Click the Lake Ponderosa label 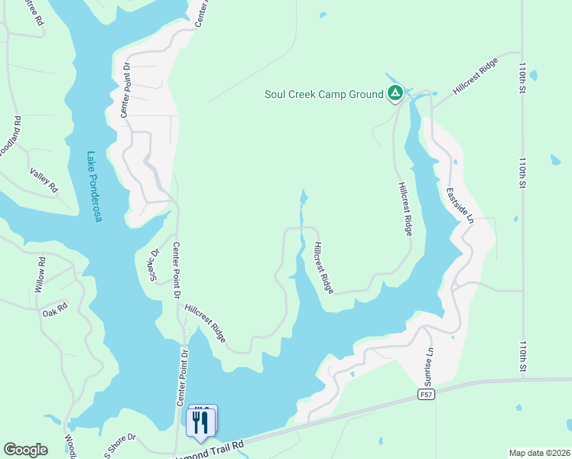coord(94,187)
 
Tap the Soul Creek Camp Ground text coord(323,95)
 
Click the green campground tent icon coord(395,94)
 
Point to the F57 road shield coord(427,394)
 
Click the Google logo coord(25,450)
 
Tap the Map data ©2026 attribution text coord(538,453)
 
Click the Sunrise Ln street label coord(429,366)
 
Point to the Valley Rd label coord(44,181)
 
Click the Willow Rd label coord(40,276)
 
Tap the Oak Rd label coord(55,309)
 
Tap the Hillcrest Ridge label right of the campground coord(476,76)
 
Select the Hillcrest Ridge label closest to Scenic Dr coord(205,323)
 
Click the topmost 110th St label coord(524,73)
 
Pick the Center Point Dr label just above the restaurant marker coord(182,378)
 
